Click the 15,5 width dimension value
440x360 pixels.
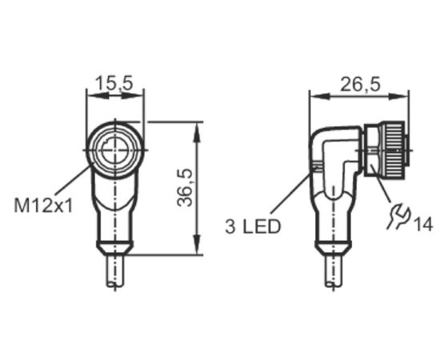(x=114, y=83)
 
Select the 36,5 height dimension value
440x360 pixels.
(x=185, y=188)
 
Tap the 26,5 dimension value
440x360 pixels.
(x=361, y=84)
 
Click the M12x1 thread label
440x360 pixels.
(x=43, y=206)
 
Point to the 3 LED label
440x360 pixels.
(x=253, y=226)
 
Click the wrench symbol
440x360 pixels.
(x=398, y=215)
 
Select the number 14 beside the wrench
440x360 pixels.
(x=423, y=224)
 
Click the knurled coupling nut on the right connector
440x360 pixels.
(x=393, y=150)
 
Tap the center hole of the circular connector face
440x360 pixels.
(x=114, y=150)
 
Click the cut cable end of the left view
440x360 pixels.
(x=115, y=284)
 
